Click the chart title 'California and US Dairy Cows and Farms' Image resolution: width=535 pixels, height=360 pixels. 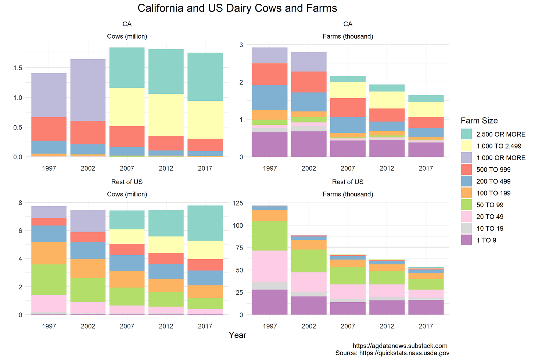(x=237, y=8)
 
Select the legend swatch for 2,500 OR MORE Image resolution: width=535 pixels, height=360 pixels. (x=466, y=134)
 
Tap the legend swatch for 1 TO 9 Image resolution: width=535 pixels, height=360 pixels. (x=466, y=240)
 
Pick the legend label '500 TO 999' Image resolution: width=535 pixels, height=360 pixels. (x=493, y=170)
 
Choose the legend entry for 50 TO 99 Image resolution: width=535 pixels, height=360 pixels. (x=490, y=205)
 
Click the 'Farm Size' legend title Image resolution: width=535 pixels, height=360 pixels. (x=479, y=121)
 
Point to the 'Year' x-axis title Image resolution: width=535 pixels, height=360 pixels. (x=237, y=335)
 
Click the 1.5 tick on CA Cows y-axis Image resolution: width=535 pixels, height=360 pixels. (x=18, y=68)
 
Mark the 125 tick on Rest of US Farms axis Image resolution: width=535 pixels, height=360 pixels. (x=238, y=203)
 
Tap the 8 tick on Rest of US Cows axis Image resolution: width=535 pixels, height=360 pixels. (x=21, y=203)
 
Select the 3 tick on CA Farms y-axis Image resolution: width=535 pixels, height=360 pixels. (x=241, y=45)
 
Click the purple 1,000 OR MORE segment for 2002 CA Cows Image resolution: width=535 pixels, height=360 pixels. (x=88, y=90)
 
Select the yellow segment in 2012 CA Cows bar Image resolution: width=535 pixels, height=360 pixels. (x=166, y=115)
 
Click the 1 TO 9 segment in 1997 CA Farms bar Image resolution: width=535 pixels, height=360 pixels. (x=270, y=144)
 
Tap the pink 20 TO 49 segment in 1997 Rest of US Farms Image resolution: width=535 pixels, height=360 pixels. (x=270, y=266)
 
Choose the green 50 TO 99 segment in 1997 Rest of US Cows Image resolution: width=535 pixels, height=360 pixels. (x=49, y=279)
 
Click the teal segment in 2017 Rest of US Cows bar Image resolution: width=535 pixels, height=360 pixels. (x=205, y=223)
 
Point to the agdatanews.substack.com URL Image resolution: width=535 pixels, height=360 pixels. (x=400, y=346)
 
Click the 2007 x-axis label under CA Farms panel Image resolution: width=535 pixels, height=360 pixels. (x=348, y=168)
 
